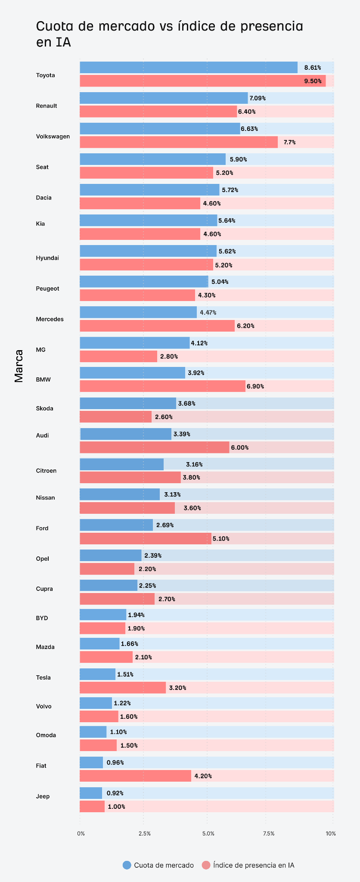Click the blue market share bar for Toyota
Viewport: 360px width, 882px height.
188,68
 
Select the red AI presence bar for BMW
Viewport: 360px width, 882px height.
162,386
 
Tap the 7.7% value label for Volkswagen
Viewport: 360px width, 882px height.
289,142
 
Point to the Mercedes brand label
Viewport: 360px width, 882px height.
50,319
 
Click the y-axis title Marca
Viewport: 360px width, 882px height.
19,366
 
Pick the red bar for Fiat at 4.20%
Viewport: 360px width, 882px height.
135,776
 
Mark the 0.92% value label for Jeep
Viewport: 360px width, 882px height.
115,793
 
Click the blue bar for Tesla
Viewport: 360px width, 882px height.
97,674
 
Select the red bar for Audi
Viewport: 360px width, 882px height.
154,447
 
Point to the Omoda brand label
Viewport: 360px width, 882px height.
46,735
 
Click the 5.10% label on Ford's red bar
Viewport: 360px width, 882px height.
221,539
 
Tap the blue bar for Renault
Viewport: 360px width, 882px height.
164,98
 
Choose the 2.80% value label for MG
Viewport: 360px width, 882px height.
169,357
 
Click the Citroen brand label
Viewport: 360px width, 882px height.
46,471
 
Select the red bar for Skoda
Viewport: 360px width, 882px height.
115,417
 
